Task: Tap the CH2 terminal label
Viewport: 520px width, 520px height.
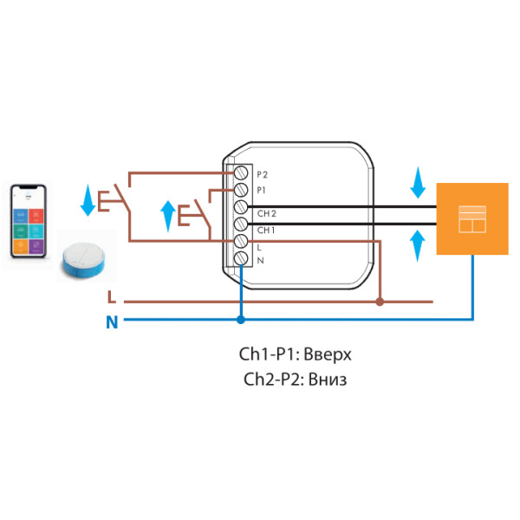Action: click(267, 213)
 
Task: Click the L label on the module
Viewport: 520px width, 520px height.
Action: click(260, 247)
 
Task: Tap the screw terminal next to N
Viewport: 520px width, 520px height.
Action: click(244, 257)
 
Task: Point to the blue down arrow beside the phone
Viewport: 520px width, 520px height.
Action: click(88, 200)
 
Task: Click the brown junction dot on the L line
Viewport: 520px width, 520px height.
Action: click(379, 302)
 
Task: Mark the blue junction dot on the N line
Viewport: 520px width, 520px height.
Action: click(240, 320)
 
